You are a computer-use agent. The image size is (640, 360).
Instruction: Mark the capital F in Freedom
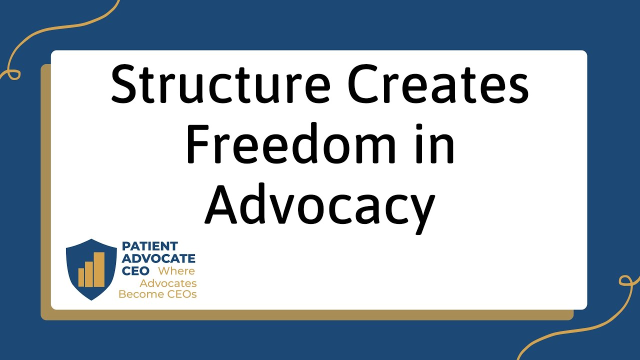[198, 144]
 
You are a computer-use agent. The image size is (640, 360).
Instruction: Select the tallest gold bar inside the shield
[99, 269]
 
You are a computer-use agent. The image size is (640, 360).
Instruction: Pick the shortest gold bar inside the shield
[81, 277]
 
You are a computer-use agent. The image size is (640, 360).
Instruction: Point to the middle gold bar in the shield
[90, 273]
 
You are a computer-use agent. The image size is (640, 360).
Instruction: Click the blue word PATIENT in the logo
[150, 246]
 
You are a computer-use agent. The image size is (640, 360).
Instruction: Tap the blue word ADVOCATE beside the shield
[158, 258]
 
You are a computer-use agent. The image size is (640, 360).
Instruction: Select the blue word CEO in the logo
[135, 271]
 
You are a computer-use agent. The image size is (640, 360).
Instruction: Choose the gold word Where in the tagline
[176, 271]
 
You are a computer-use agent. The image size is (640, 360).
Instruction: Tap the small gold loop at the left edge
[12, 74]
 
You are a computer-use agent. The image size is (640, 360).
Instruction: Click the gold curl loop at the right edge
[626, 280]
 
